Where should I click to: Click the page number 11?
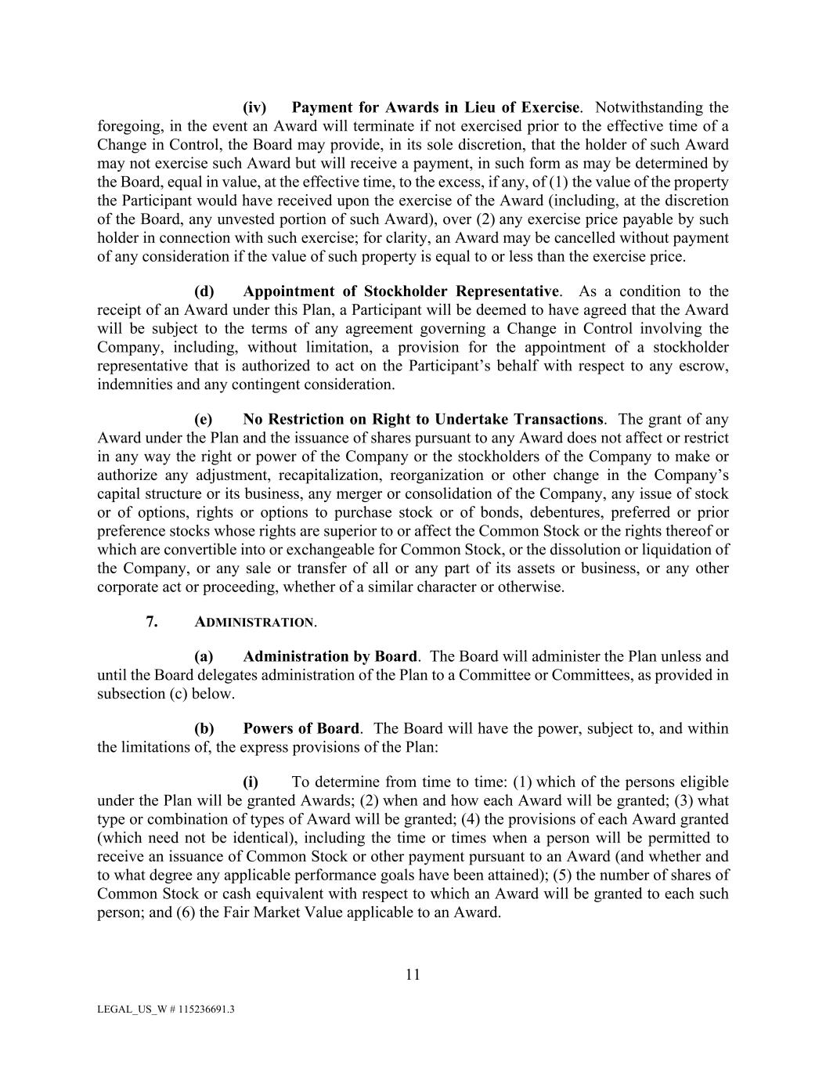(413, 974)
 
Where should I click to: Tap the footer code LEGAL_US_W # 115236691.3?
(166, 1009)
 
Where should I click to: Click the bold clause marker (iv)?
(254, 107)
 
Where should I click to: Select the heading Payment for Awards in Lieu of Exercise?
(435, 107)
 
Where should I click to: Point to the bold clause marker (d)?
(204, 291)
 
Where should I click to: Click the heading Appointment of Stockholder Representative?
(401, 291)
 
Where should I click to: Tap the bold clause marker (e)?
(204, 419)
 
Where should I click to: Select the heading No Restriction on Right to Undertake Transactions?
(423, 419)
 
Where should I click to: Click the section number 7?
(152, 622)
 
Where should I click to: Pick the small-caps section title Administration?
(254, 623)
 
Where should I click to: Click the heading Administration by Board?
(330, 656)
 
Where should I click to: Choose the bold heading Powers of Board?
(301, 728)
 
